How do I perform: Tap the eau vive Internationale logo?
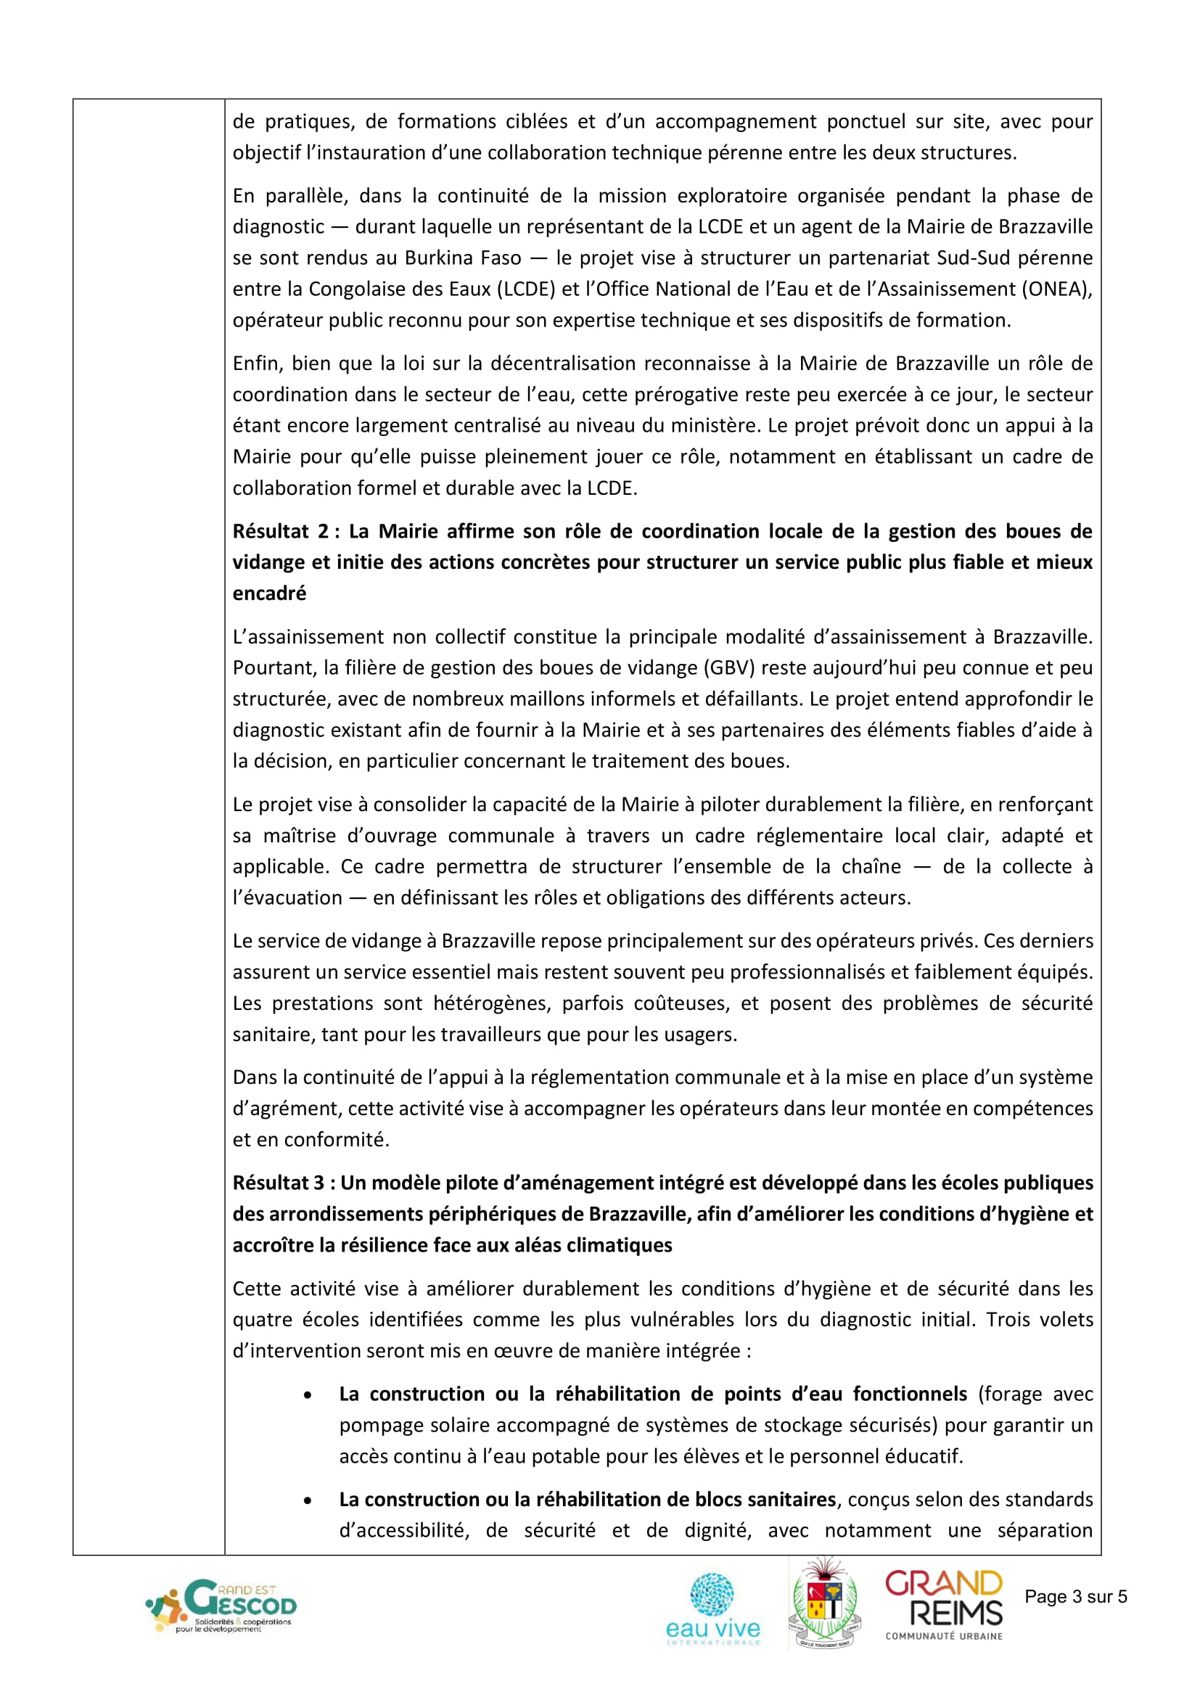point(712,1608)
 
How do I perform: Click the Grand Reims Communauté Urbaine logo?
point(944,1605)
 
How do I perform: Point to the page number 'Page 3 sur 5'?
point(1075,1596)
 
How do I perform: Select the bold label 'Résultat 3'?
point(278,1183)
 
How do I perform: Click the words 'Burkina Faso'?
point(463,258)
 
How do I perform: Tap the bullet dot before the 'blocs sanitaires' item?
point(308,1500)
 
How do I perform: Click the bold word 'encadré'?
point(269,593)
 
